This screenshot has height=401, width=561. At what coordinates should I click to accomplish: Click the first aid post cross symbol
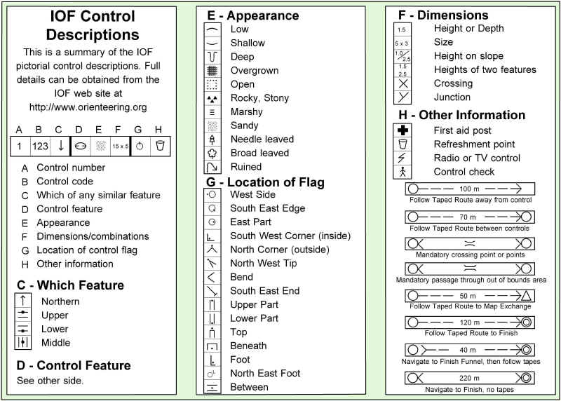[403, 130]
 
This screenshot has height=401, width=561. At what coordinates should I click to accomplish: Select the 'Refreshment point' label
[474, 144]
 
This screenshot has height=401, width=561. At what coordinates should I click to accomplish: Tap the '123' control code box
[40, 147]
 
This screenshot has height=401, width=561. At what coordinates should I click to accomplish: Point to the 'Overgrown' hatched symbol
[212, 71]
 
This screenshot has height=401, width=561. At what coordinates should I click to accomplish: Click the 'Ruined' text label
[245, 167]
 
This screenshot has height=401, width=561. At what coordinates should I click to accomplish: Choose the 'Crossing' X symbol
[403, 83]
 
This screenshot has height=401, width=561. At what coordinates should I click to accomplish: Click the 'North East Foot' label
[265, 373]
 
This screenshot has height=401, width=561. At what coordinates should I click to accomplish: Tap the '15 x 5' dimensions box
[120, 147]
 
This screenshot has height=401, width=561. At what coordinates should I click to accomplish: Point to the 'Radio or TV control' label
[477, 158]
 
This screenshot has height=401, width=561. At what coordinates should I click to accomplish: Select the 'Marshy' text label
[246, 111]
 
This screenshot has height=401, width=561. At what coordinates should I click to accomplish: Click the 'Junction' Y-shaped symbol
[403, 97]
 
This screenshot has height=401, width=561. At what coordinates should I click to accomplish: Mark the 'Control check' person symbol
[403, 172]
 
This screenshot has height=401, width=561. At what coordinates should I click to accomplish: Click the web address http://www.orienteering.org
[88, 107]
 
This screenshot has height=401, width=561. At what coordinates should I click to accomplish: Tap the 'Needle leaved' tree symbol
[212, 140]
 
